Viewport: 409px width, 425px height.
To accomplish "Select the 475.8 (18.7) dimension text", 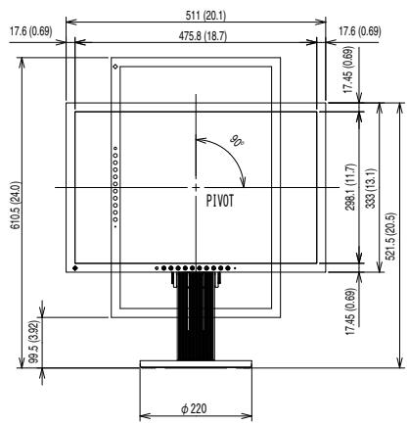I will coord(196,34).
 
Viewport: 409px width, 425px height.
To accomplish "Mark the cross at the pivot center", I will coord(196,187).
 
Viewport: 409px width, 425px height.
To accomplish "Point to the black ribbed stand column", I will coord(196,323).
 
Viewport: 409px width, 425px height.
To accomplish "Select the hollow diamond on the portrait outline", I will coord(114,67).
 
